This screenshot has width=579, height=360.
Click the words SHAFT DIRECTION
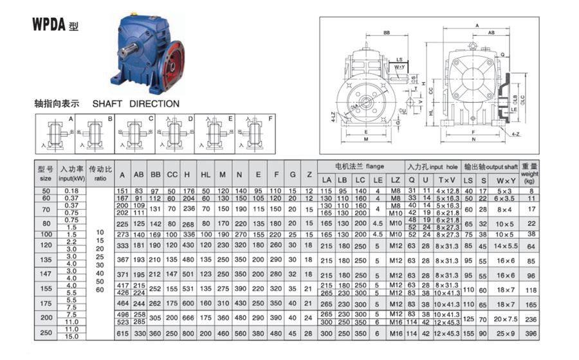[136, 104]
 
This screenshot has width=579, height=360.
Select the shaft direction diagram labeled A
[56, 133]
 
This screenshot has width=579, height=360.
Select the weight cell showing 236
[529, 318]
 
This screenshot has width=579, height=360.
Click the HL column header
[205, 174]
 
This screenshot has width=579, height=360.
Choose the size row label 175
[45, 302]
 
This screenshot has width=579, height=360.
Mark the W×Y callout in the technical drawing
[399, 66]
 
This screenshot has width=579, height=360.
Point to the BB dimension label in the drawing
[387, 32]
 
